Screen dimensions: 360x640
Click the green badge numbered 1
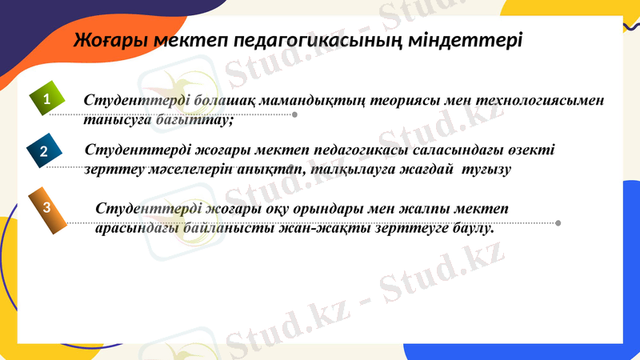(46, 100)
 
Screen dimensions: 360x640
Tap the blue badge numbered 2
(43, 150)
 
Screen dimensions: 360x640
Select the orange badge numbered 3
(47, 207)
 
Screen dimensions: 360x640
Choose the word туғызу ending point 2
(486, 169)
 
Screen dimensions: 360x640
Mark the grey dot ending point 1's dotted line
(295, 114)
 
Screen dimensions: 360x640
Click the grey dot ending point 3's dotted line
(558, 222)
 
